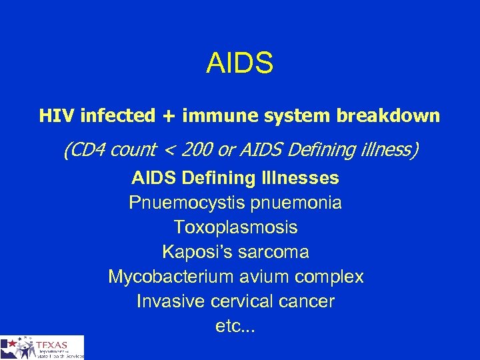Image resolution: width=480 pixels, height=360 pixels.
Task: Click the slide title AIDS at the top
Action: (240, 63)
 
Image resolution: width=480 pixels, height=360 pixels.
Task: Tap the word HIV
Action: (56, 116)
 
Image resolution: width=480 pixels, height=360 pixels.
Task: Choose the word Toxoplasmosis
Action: (236, 227)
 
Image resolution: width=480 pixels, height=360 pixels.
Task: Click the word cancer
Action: (307, 301)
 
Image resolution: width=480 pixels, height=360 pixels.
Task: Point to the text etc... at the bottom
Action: (236, 327)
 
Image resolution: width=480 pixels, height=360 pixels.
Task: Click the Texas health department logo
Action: (42, 347)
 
